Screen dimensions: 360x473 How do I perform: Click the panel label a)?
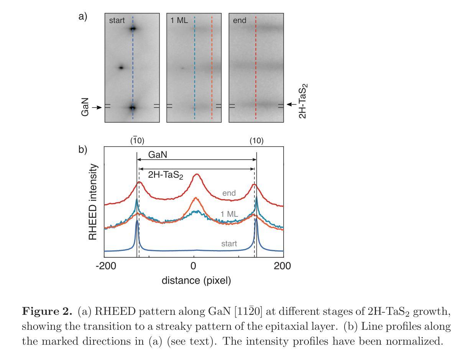83,17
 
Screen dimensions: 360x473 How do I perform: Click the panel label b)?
83,149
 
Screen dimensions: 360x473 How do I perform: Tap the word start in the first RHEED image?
117,20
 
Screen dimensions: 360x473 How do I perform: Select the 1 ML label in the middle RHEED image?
179,20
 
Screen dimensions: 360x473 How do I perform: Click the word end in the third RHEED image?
240,20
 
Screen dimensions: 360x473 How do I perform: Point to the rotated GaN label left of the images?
85,107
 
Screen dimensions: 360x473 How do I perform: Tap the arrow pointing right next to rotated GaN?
97,108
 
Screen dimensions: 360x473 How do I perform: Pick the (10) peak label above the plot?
256,141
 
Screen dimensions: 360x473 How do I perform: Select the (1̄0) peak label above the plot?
137,141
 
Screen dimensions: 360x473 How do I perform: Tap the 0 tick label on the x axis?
194,266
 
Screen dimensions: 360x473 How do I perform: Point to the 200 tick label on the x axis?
283,266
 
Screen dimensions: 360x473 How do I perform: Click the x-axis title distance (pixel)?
196,280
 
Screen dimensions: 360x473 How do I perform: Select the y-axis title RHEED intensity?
93,202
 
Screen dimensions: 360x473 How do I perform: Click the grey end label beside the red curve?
229,193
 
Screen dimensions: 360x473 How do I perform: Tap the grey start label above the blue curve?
229,244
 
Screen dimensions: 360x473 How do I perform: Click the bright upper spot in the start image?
133,28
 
